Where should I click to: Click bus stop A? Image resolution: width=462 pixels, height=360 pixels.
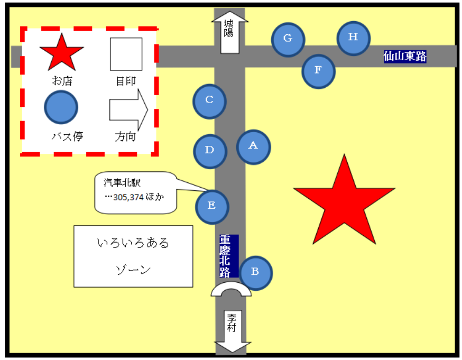coord(253,146)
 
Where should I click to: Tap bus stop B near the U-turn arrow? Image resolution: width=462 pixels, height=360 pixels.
coord(255,273)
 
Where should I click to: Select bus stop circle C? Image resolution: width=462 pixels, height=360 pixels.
coord(209,101)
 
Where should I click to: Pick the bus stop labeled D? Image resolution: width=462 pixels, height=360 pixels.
coord(210,151)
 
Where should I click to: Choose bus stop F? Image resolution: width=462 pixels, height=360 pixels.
coord(318,71)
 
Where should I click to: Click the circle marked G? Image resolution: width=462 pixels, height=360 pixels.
coord(288,39)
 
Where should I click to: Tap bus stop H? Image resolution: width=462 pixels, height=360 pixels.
coord(353,38)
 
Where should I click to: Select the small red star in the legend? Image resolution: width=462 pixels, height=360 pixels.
coord(62,53)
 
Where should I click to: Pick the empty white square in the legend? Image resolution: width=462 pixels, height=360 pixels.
coord(126,54)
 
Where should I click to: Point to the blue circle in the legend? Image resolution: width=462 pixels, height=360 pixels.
coord(61,107)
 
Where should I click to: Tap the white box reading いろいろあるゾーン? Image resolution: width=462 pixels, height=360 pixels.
coord(133,256)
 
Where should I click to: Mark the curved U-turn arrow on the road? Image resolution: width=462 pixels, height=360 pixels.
coord(232,290)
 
